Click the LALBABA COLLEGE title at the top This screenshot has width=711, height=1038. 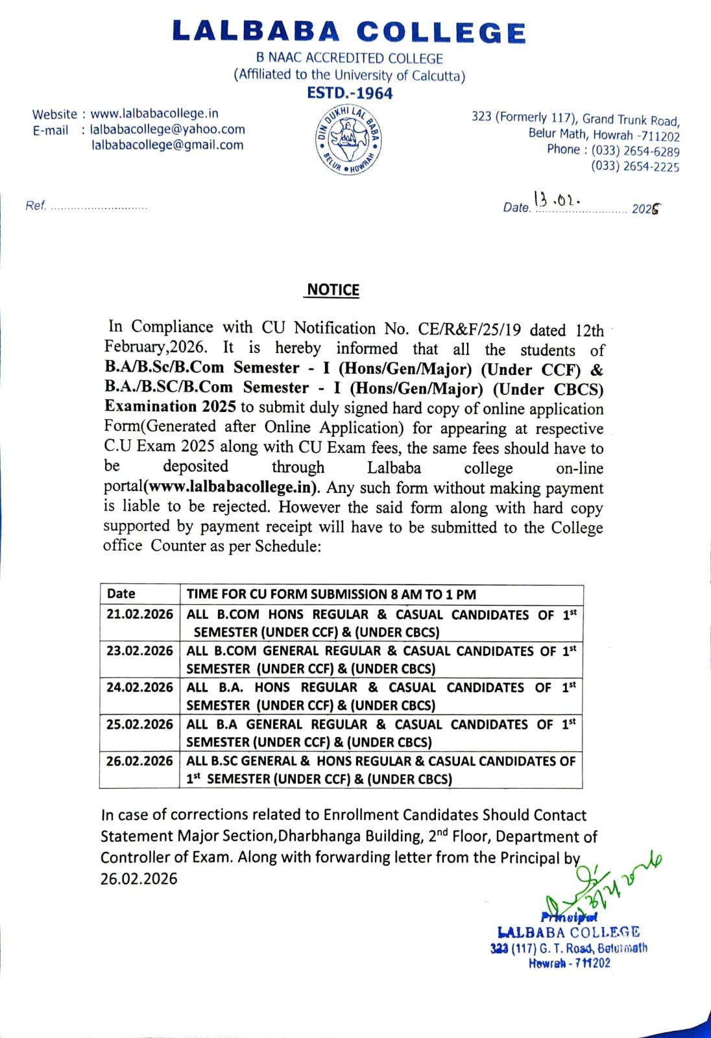349,32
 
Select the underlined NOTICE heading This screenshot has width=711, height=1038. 333,290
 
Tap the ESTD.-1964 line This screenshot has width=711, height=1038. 350,93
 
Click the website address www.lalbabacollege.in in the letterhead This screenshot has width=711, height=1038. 154,114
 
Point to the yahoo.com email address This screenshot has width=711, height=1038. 167,129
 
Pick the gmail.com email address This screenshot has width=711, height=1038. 167,145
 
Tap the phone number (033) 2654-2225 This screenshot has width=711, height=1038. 636,167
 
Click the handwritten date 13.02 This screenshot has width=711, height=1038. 557,199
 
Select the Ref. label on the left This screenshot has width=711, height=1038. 36,206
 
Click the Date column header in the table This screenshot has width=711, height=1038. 121,594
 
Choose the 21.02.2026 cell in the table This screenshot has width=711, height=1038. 139,614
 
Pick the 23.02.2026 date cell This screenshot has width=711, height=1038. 139,651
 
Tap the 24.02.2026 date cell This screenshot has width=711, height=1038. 139,687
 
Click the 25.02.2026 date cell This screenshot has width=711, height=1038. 139,724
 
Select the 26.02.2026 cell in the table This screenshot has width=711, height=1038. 139,760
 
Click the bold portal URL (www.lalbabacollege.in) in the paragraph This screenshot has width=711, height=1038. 232,487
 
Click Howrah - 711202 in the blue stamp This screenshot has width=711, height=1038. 570,963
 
